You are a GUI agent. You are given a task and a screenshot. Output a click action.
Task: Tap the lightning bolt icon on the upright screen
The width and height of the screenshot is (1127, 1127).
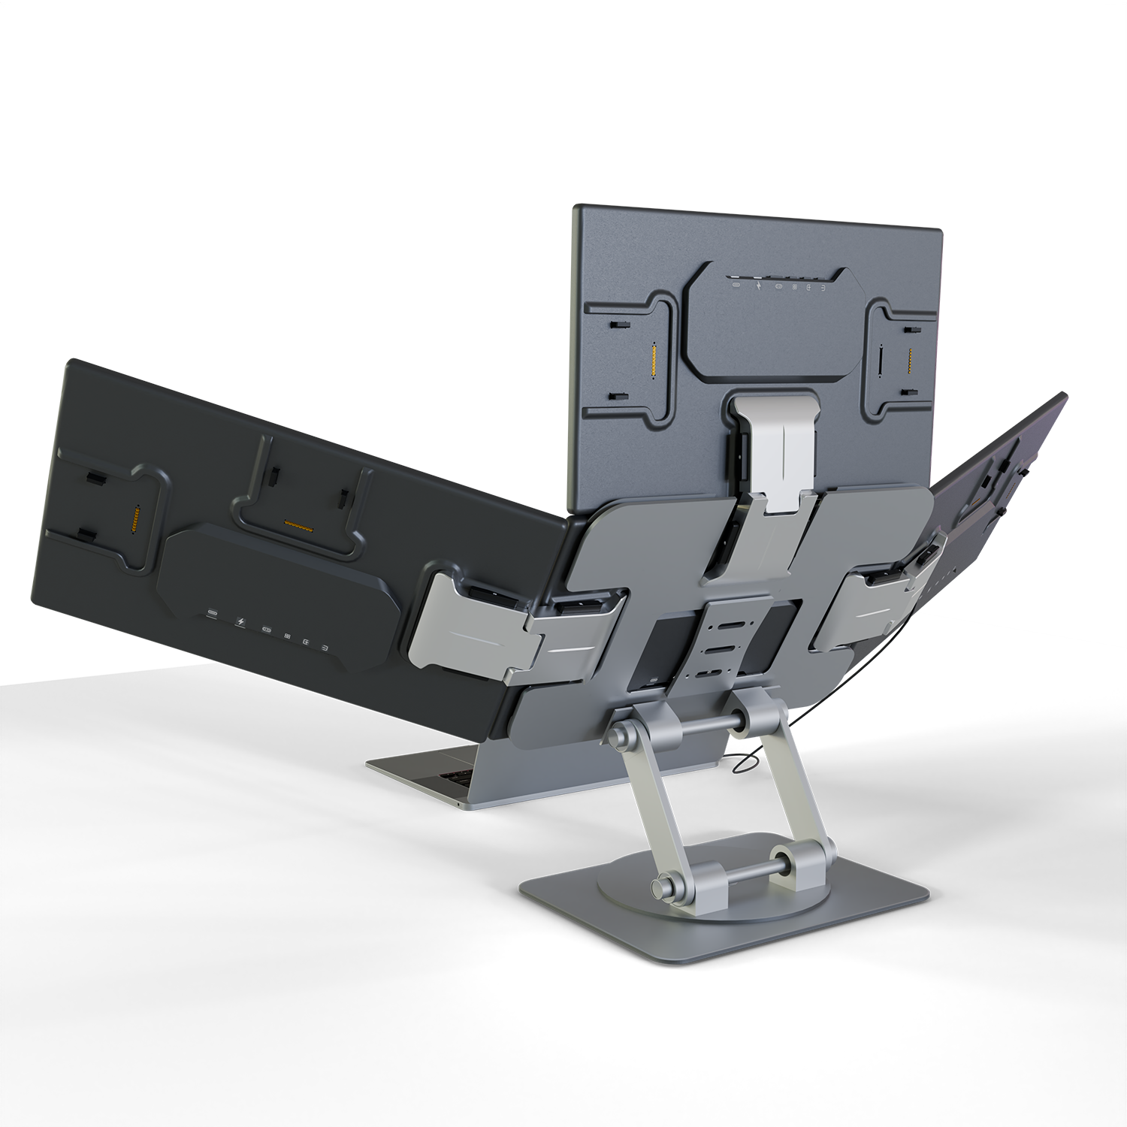760,286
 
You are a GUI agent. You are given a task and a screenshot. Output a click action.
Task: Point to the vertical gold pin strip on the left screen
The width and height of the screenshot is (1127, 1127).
136,518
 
